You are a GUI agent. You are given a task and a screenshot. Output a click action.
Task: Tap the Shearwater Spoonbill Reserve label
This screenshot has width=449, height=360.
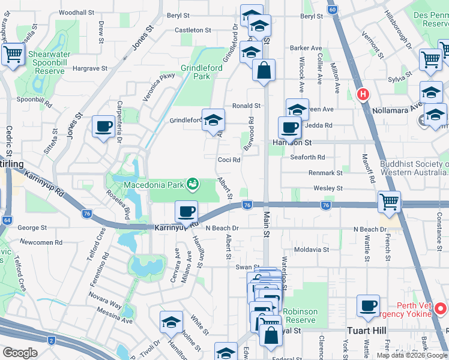pos(41,62)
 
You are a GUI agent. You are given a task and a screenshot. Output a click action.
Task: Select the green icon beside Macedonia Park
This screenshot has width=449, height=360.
pos(192,184)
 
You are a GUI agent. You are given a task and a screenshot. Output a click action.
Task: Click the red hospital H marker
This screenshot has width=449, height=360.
pos(363,94)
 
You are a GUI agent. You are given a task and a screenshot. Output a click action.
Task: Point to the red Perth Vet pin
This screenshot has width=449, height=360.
pos(441,309)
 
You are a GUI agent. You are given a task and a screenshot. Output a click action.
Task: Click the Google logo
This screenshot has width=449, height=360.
pos(20,353)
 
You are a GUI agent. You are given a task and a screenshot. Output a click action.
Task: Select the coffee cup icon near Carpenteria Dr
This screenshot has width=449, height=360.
pos(104,127)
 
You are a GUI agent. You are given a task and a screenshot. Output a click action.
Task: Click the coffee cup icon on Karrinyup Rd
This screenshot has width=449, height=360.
pos(187,211)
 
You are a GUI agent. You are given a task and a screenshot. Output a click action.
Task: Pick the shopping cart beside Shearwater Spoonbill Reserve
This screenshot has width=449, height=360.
pos(13,54)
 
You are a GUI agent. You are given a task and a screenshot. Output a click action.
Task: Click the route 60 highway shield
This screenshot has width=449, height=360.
pos(332,10)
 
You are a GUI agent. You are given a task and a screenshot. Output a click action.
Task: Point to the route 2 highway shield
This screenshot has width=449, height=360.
pos(52,341)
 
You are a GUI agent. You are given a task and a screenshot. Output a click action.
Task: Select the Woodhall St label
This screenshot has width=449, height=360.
pos(77,12)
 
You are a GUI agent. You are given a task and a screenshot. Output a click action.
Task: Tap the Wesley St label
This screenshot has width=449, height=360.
pos(328,188)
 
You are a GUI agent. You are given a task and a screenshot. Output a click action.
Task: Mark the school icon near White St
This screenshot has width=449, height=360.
pos(171,322)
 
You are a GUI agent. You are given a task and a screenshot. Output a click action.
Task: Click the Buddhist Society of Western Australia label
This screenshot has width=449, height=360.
pos(414,169)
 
